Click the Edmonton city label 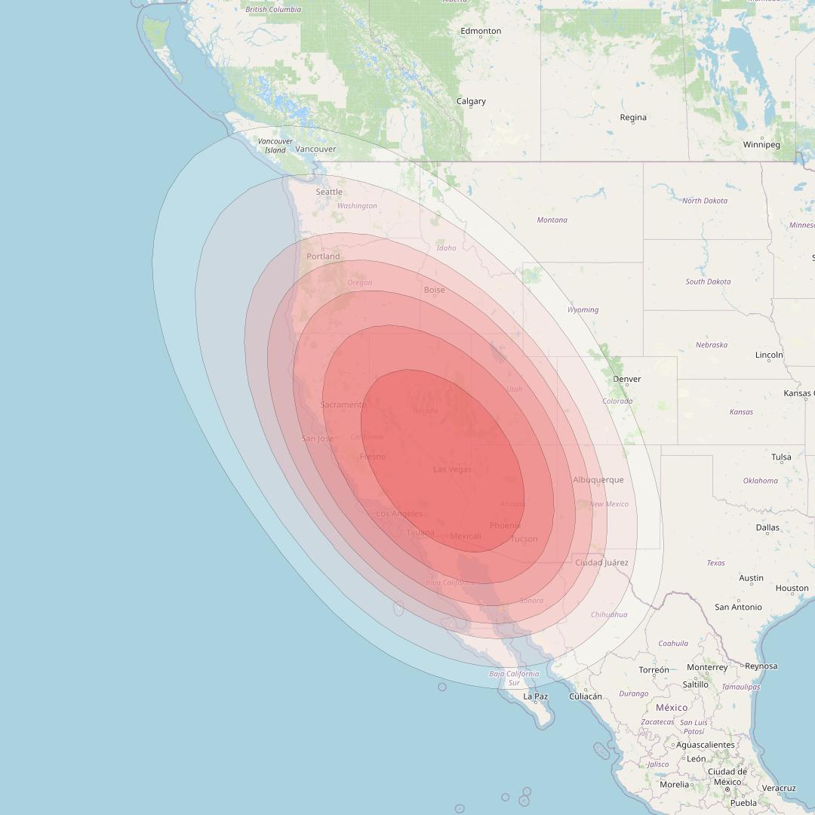(481, 31)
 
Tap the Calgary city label (471, 101)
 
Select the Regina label (633, 117)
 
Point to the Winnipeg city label (761, 144)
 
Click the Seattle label (329, 192)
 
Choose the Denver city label (627, 379)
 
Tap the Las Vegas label (452, 469)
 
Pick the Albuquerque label (598, 480)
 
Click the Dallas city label (767, 527)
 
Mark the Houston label (792, 588)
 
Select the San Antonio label (738, 607)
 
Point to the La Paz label (535, 696)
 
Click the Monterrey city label (707, 667)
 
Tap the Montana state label (552, 220)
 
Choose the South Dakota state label (708, 281)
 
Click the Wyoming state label (583, 309)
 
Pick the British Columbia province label (273, 9)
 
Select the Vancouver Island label (275, 146)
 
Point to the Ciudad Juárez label (601, 562)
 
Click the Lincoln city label (769, 355)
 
